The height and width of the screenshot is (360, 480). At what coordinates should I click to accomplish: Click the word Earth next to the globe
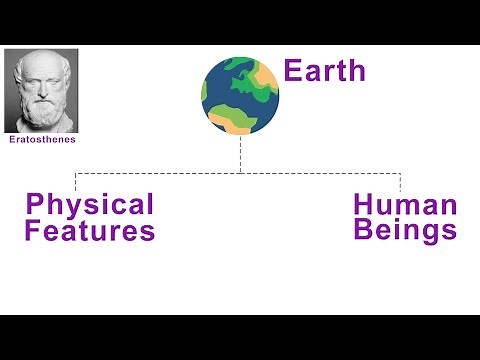(324, 71)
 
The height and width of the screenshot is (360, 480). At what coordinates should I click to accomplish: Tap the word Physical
(90, 205)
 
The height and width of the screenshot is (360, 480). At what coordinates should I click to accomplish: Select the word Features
(90, 232)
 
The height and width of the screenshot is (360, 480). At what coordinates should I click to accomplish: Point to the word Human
(405, 206)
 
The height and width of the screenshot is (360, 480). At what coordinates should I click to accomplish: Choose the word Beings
(405, 231)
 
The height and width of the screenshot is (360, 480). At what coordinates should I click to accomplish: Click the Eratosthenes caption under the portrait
(42, 140)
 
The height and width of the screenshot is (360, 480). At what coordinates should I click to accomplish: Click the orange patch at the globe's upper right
(267, 75)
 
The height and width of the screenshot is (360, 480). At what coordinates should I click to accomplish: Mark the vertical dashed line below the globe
(240, 156)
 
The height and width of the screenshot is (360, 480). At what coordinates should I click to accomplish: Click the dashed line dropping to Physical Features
(77, 181)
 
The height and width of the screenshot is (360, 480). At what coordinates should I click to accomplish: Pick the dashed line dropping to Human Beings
(400, 181)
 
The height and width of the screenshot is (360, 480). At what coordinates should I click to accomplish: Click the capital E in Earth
(293, 71)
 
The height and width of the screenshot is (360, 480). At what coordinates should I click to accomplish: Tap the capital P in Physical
(35, 205)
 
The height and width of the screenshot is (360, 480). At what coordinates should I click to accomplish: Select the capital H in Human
(364, 206)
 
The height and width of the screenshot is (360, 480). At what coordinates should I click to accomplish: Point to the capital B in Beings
(364, 230)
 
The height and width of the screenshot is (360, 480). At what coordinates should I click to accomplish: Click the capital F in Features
(34, 232)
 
